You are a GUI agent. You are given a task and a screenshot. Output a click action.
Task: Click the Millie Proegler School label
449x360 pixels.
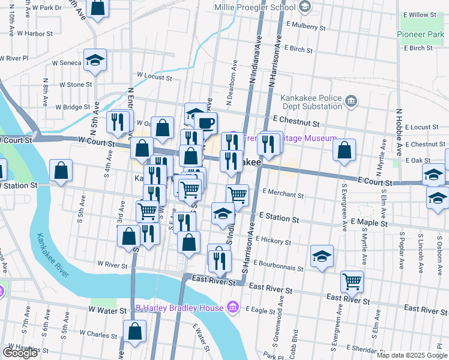pyautogui.click(x=255, y=7)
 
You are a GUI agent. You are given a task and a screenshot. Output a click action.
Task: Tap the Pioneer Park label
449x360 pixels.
pyautogui.click(x=420, y=34)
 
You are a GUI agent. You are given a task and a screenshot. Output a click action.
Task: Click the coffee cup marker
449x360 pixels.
pyautogui.click(x=205, y=123)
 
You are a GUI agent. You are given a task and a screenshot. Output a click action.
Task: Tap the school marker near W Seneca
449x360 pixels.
pyautogui.click(x=95, y=60)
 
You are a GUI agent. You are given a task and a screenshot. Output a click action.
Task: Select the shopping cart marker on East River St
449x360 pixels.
pyautogui.click(x=352, y=281)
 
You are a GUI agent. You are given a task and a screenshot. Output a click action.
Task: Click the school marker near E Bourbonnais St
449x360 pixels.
pyautogui.click(x=322, y=256)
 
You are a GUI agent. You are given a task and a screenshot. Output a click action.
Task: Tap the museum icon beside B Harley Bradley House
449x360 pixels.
pyautogui.click(x=234, y=308)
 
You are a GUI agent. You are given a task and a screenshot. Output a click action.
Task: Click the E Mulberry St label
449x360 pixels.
pyautogui.click(x=306, y=27)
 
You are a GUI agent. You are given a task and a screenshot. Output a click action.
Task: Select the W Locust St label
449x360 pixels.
pyautogui.click(x=154, y=76)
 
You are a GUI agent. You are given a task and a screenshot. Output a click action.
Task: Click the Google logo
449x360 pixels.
pyautogui.click(x=20, y=353)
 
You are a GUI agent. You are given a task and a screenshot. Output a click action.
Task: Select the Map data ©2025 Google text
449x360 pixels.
pyautogui.click(x=411, y=355)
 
